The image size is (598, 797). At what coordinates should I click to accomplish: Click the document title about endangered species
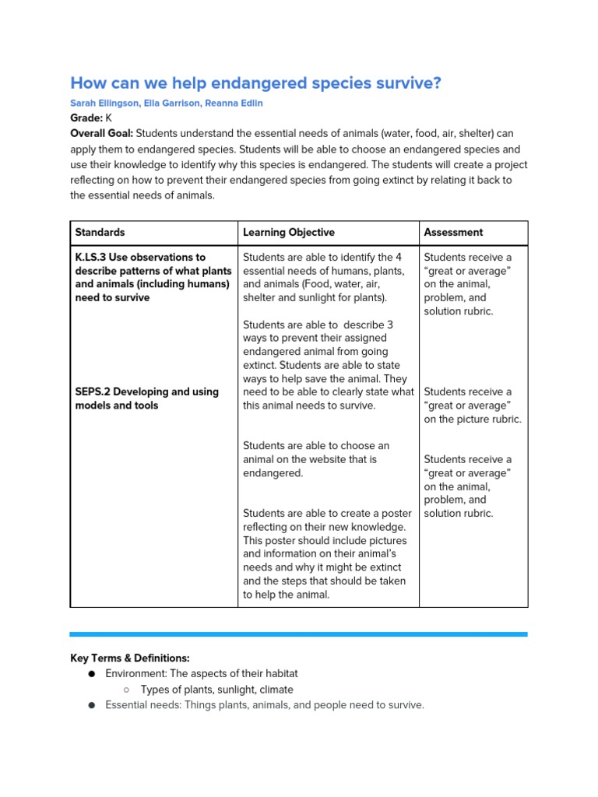255,83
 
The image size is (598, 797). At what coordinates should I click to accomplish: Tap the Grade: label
86,118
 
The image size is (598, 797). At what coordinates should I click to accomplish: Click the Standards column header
100,232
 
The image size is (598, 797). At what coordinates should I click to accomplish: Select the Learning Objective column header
288,232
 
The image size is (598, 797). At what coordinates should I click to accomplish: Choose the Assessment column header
453,232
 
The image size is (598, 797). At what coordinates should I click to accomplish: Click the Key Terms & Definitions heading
129,658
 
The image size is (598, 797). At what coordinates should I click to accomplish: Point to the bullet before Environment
91,674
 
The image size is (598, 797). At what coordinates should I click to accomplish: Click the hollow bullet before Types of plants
126,690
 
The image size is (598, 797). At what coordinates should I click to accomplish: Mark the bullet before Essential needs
91,705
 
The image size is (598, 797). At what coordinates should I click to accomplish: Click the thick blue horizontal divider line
298,634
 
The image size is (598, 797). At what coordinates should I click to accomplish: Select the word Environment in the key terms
136,673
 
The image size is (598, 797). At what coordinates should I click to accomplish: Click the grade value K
109,118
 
